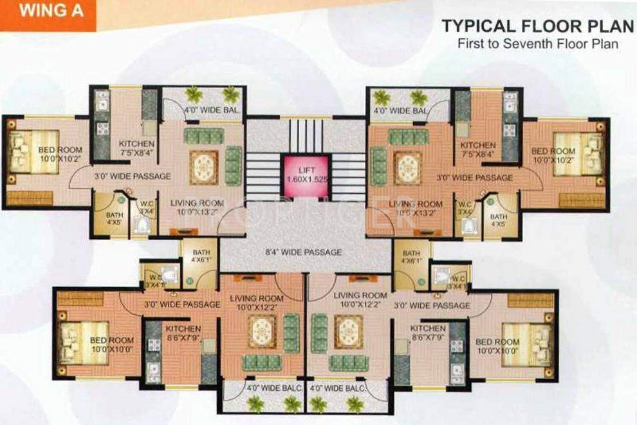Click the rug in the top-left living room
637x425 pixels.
tap(204, 167)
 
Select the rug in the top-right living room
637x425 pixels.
tap(408, 167)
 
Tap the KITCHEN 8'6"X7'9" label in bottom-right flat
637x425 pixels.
tap(428, 333)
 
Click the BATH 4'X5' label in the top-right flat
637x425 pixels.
tap(499, 221)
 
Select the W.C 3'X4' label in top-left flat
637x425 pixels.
tap(147, 207)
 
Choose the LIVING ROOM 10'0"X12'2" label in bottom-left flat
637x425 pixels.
tap(257, 303)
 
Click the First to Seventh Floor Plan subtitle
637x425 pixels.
tap(537, 45)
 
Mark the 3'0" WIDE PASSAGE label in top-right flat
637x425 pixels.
tap(474, 177)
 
